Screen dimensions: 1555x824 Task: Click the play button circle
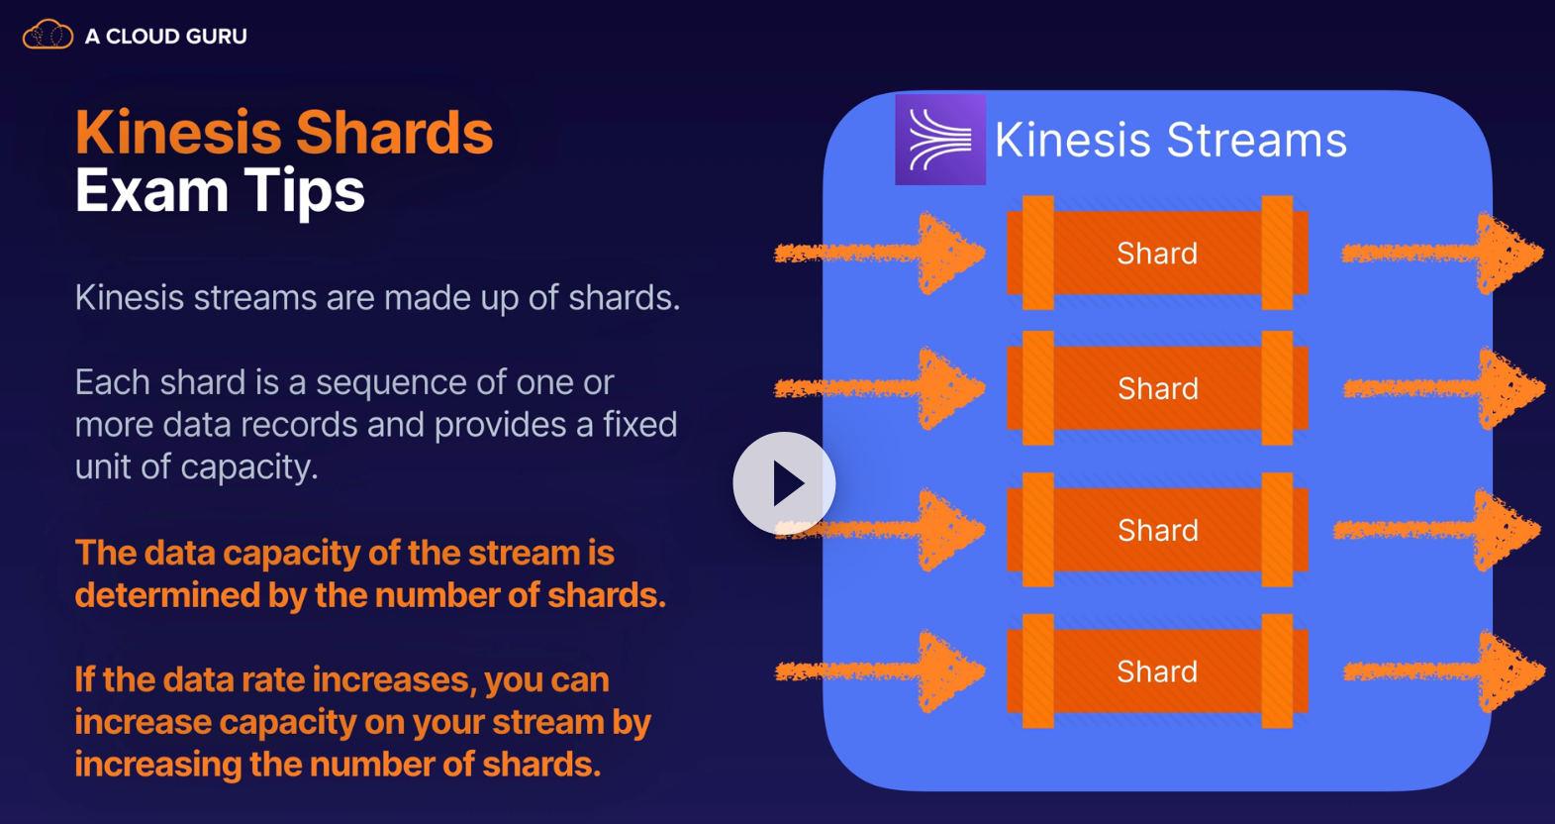click(785, 483)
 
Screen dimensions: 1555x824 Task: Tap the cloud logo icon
click(48, 34)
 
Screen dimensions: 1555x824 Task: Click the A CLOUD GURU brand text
click(166, 36)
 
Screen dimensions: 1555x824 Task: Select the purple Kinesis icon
click(940, 140)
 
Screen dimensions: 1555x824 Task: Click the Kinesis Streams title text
click(1170, 140)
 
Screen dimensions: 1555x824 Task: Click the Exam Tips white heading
click(220, 190)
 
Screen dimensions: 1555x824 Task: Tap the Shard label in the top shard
click(1157, 253)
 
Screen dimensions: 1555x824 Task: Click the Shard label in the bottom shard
click(1157, 671)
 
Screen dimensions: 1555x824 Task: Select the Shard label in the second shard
click(1158, 388)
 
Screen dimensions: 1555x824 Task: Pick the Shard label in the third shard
click(1158, 530)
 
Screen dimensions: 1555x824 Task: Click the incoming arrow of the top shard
click(880, 253)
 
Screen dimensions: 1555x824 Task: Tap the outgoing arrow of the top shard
click(1442, 253)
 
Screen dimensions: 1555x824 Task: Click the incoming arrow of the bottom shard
click(880, 671)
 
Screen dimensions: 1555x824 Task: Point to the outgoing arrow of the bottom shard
click(1444, 671)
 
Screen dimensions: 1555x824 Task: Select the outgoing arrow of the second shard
click(1444, 388)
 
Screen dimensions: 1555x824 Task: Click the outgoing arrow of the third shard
click(1437, 530)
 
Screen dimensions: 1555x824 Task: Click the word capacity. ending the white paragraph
click(249, 467)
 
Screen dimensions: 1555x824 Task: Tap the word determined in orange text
click(166, 595)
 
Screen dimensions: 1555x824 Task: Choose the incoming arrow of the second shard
click(880, 388)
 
